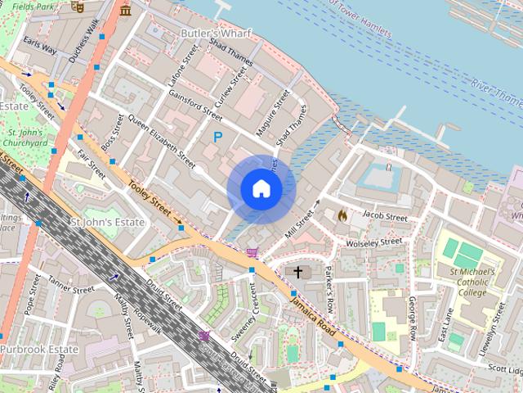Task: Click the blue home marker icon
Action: [261, 189]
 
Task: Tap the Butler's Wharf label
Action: [216, 34]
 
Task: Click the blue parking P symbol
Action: [217, 138]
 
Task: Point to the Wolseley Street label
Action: [373, 242]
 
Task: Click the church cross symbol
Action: [298, 272]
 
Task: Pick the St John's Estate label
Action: [108, 222]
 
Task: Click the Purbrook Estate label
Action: [38, 349]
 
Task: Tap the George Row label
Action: [413, 320]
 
